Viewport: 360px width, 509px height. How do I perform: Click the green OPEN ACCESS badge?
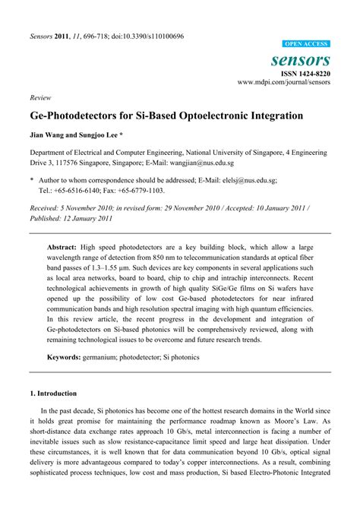click(x=306, y=45)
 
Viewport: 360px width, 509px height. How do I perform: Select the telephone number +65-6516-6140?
click(x=74, y=191)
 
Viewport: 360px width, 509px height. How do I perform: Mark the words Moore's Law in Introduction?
click(x=304, y=419)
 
